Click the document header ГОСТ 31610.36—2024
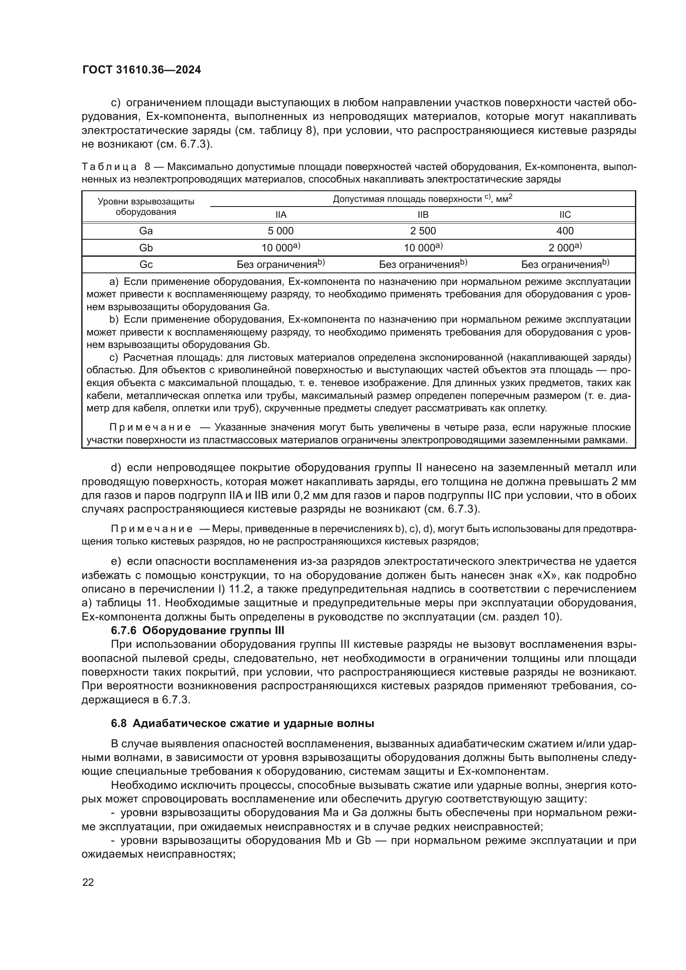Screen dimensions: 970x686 click(x=141, y=70)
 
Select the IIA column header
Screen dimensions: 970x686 click(x=281, y=215)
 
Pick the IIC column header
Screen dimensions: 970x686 click(x=565, y=215)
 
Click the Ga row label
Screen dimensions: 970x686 click(x=146, y=231)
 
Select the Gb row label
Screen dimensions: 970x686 click(x=146, y=248)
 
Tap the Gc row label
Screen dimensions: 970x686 click(x=146, y=265)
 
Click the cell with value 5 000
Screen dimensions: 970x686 click(x=281, y=231)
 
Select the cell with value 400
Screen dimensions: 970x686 click(x=565, y=231)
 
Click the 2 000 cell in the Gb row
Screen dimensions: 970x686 click(x=565, y=248)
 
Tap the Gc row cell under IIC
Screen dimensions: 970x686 click(x=565, y=265)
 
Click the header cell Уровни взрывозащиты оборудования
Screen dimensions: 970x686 click(x=146, y=207)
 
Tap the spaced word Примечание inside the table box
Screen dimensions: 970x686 click(x=150, y=427)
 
